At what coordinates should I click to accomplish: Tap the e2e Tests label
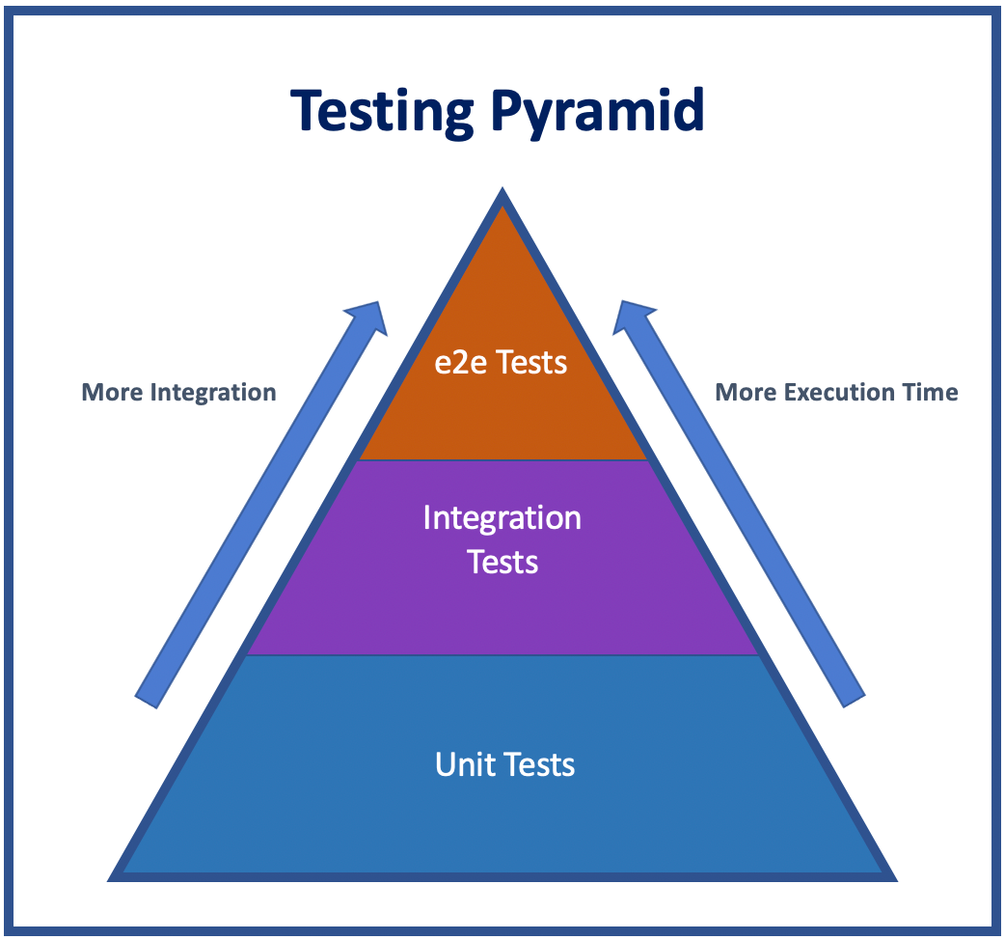[x=502, y=363]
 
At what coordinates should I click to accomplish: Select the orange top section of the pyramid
[x=502, y=415]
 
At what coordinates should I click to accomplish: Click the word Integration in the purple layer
[x=502, y=518]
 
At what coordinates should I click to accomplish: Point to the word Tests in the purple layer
[x=502, y=562]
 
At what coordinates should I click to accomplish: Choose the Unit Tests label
[x=504, y=765]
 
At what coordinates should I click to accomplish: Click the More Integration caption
[x=178, y=393]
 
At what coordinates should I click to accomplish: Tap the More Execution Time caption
[x=836, y=393]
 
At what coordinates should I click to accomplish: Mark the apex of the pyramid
[x=502, y=193]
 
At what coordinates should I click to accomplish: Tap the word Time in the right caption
[x=931, y=393]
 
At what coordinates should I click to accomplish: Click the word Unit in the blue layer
[x=459, y=765]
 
